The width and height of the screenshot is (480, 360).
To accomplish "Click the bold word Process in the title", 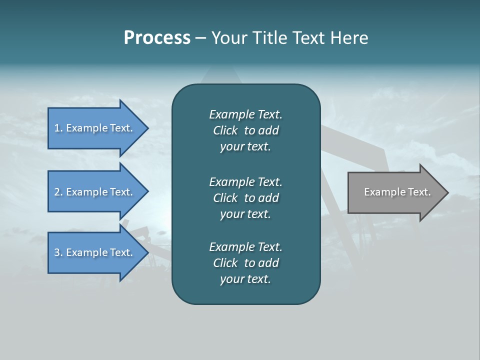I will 157,38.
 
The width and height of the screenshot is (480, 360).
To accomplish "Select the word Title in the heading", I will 270,38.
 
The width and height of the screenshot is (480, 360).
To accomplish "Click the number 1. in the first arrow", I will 58,128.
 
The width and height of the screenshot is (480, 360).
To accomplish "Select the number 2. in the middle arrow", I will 58,192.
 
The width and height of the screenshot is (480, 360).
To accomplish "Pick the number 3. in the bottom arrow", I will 58,252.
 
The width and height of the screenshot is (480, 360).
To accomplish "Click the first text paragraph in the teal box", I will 245,130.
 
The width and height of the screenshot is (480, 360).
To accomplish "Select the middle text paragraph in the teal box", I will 245,197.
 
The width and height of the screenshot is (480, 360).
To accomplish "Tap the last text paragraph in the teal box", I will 245,263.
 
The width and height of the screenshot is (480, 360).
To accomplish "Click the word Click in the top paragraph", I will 225,130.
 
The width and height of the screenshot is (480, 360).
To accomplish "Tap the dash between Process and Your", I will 200,38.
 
